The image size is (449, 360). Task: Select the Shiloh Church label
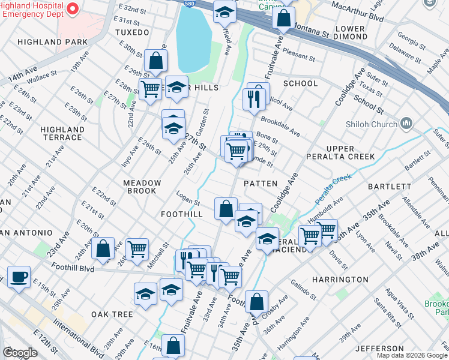372,124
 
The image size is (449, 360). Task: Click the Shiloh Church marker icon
406,124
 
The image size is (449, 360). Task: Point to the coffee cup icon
19,277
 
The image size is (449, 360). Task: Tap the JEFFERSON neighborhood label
379,349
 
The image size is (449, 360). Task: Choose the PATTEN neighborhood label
261,184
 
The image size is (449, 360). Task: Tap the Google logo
20,353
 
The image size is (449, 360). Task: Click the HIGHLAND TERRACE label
62,133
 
